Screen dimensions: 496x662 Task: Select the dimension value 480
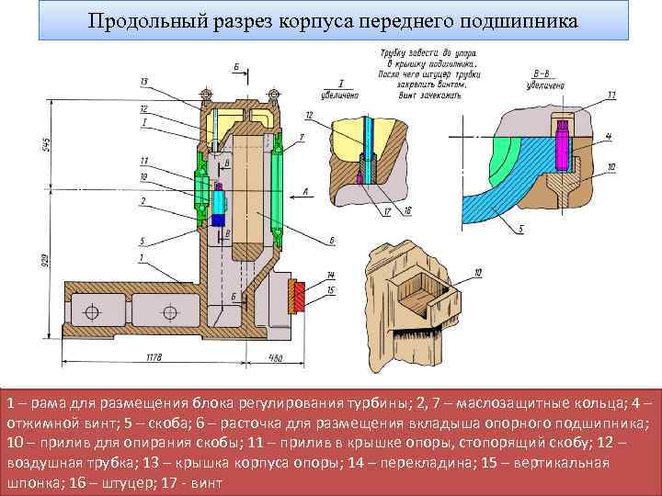(x=274, y=357)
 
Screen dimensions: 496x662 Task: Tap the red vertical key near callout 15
(x=299, y=296)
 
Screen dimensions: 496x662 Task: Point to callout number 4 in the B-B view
(x=608, y=136)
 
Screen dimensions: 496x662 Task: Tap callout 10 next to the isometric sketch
(x=478, y=272)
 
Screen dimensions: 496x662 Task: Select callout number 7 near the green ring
(x=302, y=137)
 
